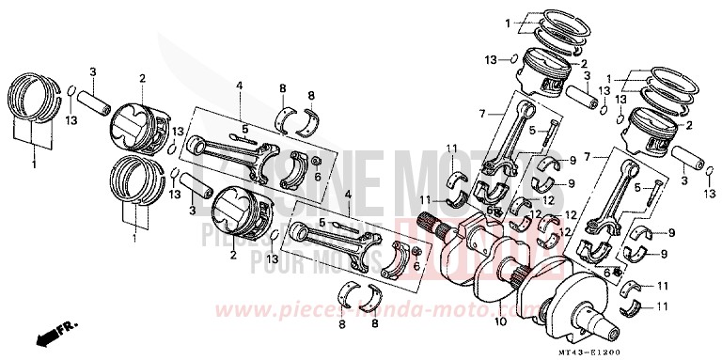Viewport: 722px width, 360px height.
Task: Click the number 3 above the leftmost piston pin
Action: (x=93, y=72)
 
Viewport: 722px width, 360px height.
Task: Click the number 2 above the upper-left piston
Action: (x=141, y=79)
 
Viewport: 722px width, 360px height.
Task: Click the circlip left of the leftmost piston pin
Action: (x=72, y=90)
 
